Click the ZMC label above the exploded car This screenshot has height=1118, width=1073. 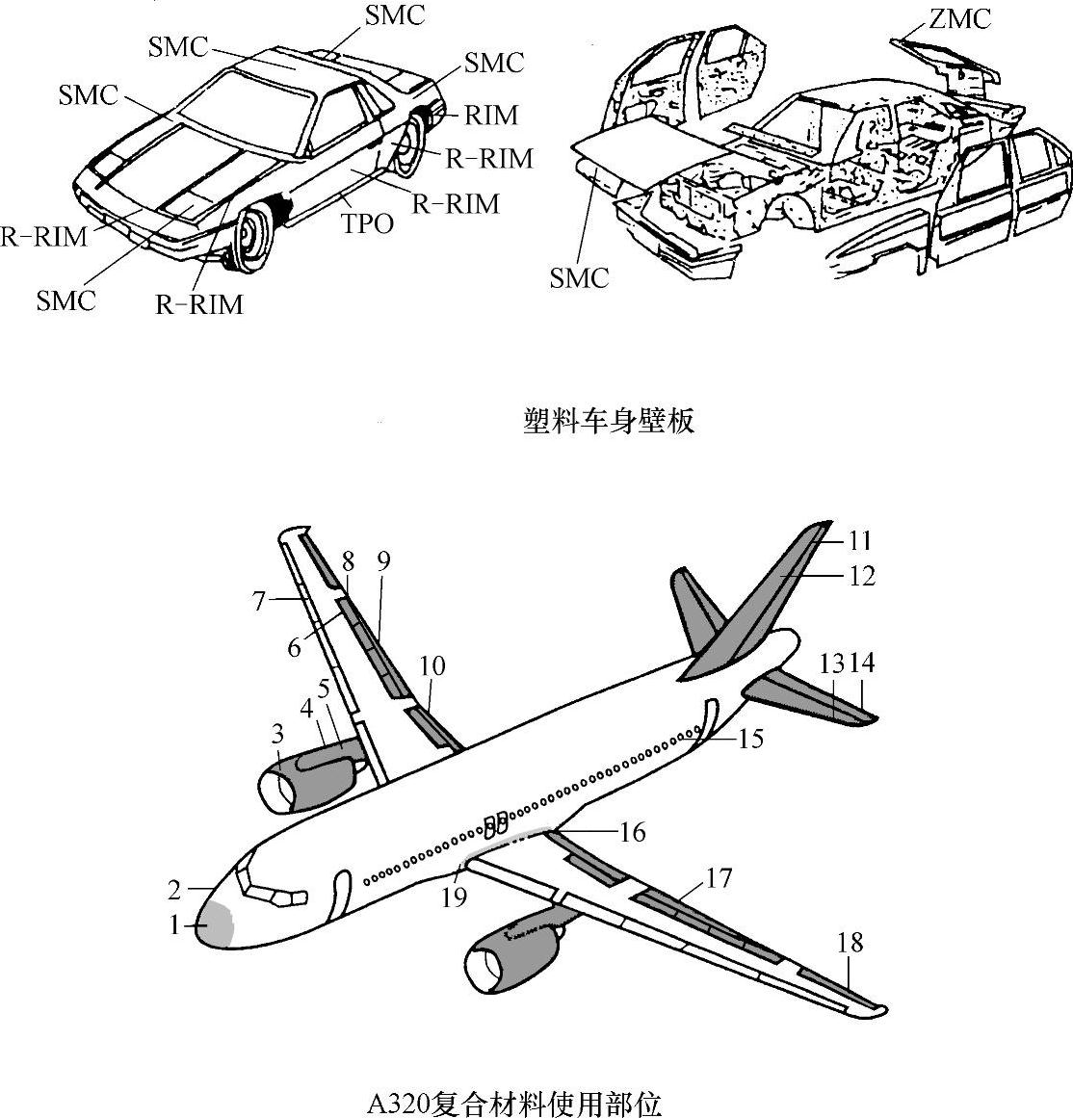pos(960,18)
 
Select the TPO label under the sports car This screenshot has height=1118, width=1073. pos(368,223)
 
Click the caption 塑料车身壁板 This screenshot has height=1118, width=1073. pos(608,422)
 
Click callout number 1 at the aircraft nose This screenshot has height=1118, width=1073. pos(174,925)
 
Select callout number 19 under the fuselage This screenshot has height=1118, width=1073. pos(454,897)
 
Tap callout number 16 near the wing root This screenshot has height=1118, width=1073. pos(632,831)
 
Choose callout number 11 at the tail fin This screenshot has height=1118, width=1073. pos(859,539)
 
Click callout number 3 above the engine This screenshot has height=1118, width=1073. pos(277,734)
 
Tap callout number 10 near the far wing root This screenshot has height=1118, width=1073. pos(432,665)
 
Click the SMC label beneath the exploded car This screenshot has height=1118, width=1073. pos(580,278)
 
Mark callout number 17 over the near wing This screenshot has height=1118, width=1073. pos(719,878)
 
